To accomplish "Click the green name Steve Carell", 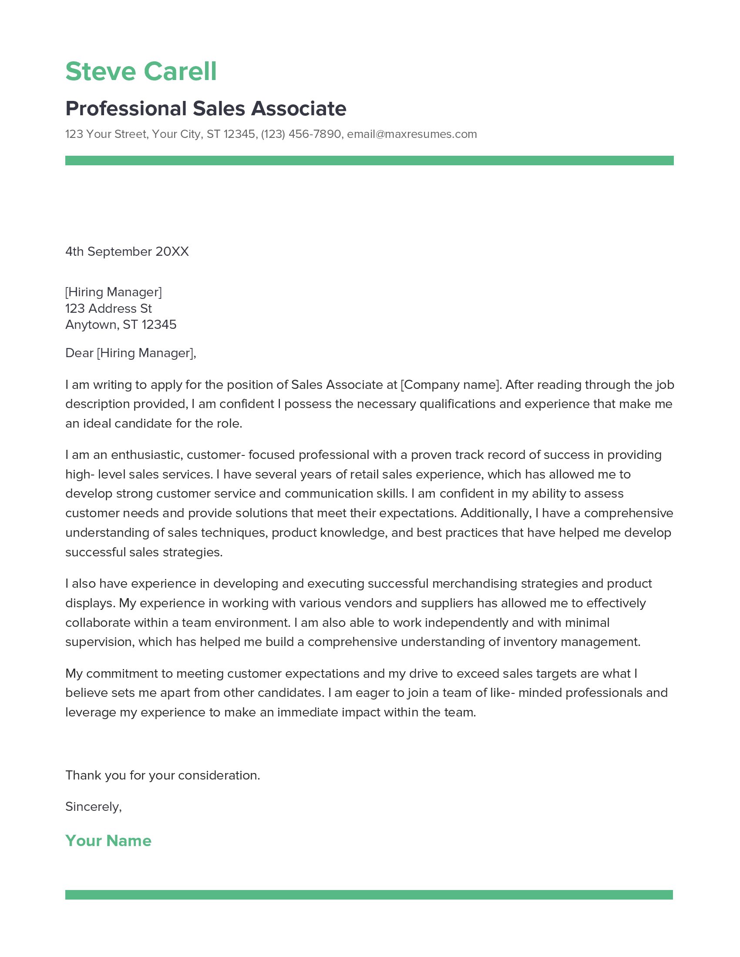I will [141, 71].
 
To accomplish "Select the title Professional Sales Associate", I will [205, 109].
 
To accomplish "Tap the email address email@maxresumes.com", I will [412, 134].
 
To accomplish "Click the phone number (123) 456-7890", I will [301, 134].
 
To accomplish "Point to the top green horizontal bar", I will [369, 161].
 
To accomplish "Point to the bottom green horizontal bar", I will [369, 895].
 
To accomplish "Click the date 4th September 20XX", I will [127, 251].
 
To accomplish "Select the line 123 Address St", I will [108, 308].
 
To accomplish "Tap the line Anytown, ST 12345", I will [121, 325].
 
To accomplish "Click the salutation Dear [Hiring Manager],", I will [131, 353].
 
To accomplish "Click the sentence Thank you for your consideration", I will [163, 776].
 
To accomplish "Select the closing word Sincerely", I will [93, 806].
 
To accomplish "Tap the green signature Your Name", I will [108, 841].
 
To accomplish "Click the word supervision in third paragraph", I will [101, 642].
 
